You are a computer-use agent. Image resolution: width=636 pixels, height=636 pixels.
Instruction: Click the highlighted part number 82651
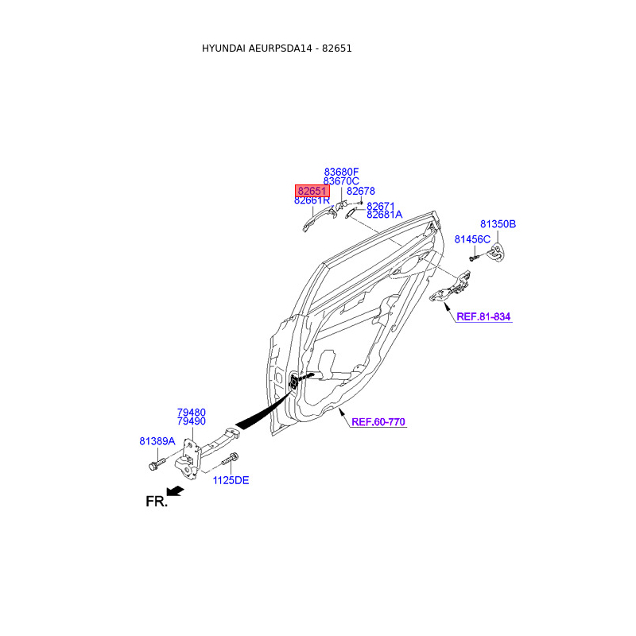pyautogui.click(x=312, y=191)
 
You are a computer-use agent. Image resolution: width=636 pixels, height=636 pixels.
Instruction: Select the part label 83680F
pyautogui.click(x=341, y=172)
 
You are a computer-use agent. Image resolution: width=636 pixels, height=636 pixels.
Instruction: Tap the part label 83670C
pyautogui.click(x=341, y=181)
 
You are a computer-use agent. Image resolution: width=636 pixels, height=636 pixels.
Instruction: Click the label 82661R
pyautogui.click(x=312, y=200)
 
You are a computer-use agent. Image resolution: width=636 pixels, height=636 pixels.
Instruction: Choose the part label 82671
pyautogui.click(x=380, y=206)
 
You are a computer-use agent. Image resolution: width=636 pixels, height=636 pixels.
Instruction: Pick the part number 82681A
pyautogui.click(x=384, y=215)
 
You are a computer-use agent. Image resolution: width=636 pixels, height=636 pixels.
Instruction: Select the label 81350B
pyautogui.click(x=498, y=224)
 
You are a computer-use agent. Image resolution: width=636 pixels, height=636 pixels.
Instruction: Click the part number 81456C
pyautogui.click(x=472, y=239)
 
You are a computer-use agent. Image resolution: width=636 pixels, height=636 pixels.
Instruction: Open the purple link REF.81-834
pyautogui.click(x=483, y=316)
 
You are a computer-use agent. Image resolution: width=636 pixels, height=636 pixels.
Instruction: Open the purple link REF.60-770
pyautogui.click(x=378, y=422)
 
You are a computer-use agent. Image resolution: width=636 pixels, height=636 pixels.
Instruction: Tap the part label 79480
pyautogui.click(x=191, y=413)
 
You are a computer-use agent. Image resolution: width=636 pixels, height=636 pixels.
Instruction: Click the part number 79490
pyautogui.click(x=191, y=421)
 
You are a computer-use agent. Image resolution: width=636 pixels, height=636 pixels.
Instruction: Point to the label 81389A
pyautogui.click(x=157, y=440)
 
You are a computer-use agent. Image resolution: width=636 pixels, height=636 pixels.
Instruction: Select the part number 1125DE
pyautogui.click(x=231, y=480)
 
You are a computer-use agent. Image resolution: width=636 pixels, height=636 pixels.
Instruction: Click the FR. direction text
pyautogui.click(x=157, y=502)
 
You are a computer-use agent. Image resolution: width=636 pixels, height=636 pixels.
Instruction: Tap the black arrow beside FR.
pyautogui.click(x=175, y=491)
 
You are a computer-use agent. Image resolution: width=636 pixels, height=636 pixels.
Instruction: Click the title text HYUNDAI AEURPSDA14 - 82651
pyautogui.click(x=277, y=48)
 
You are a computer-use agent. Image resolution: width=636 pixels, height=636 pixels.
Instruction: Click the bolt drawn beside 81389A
pyautogui.click(x=155, y=463)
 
